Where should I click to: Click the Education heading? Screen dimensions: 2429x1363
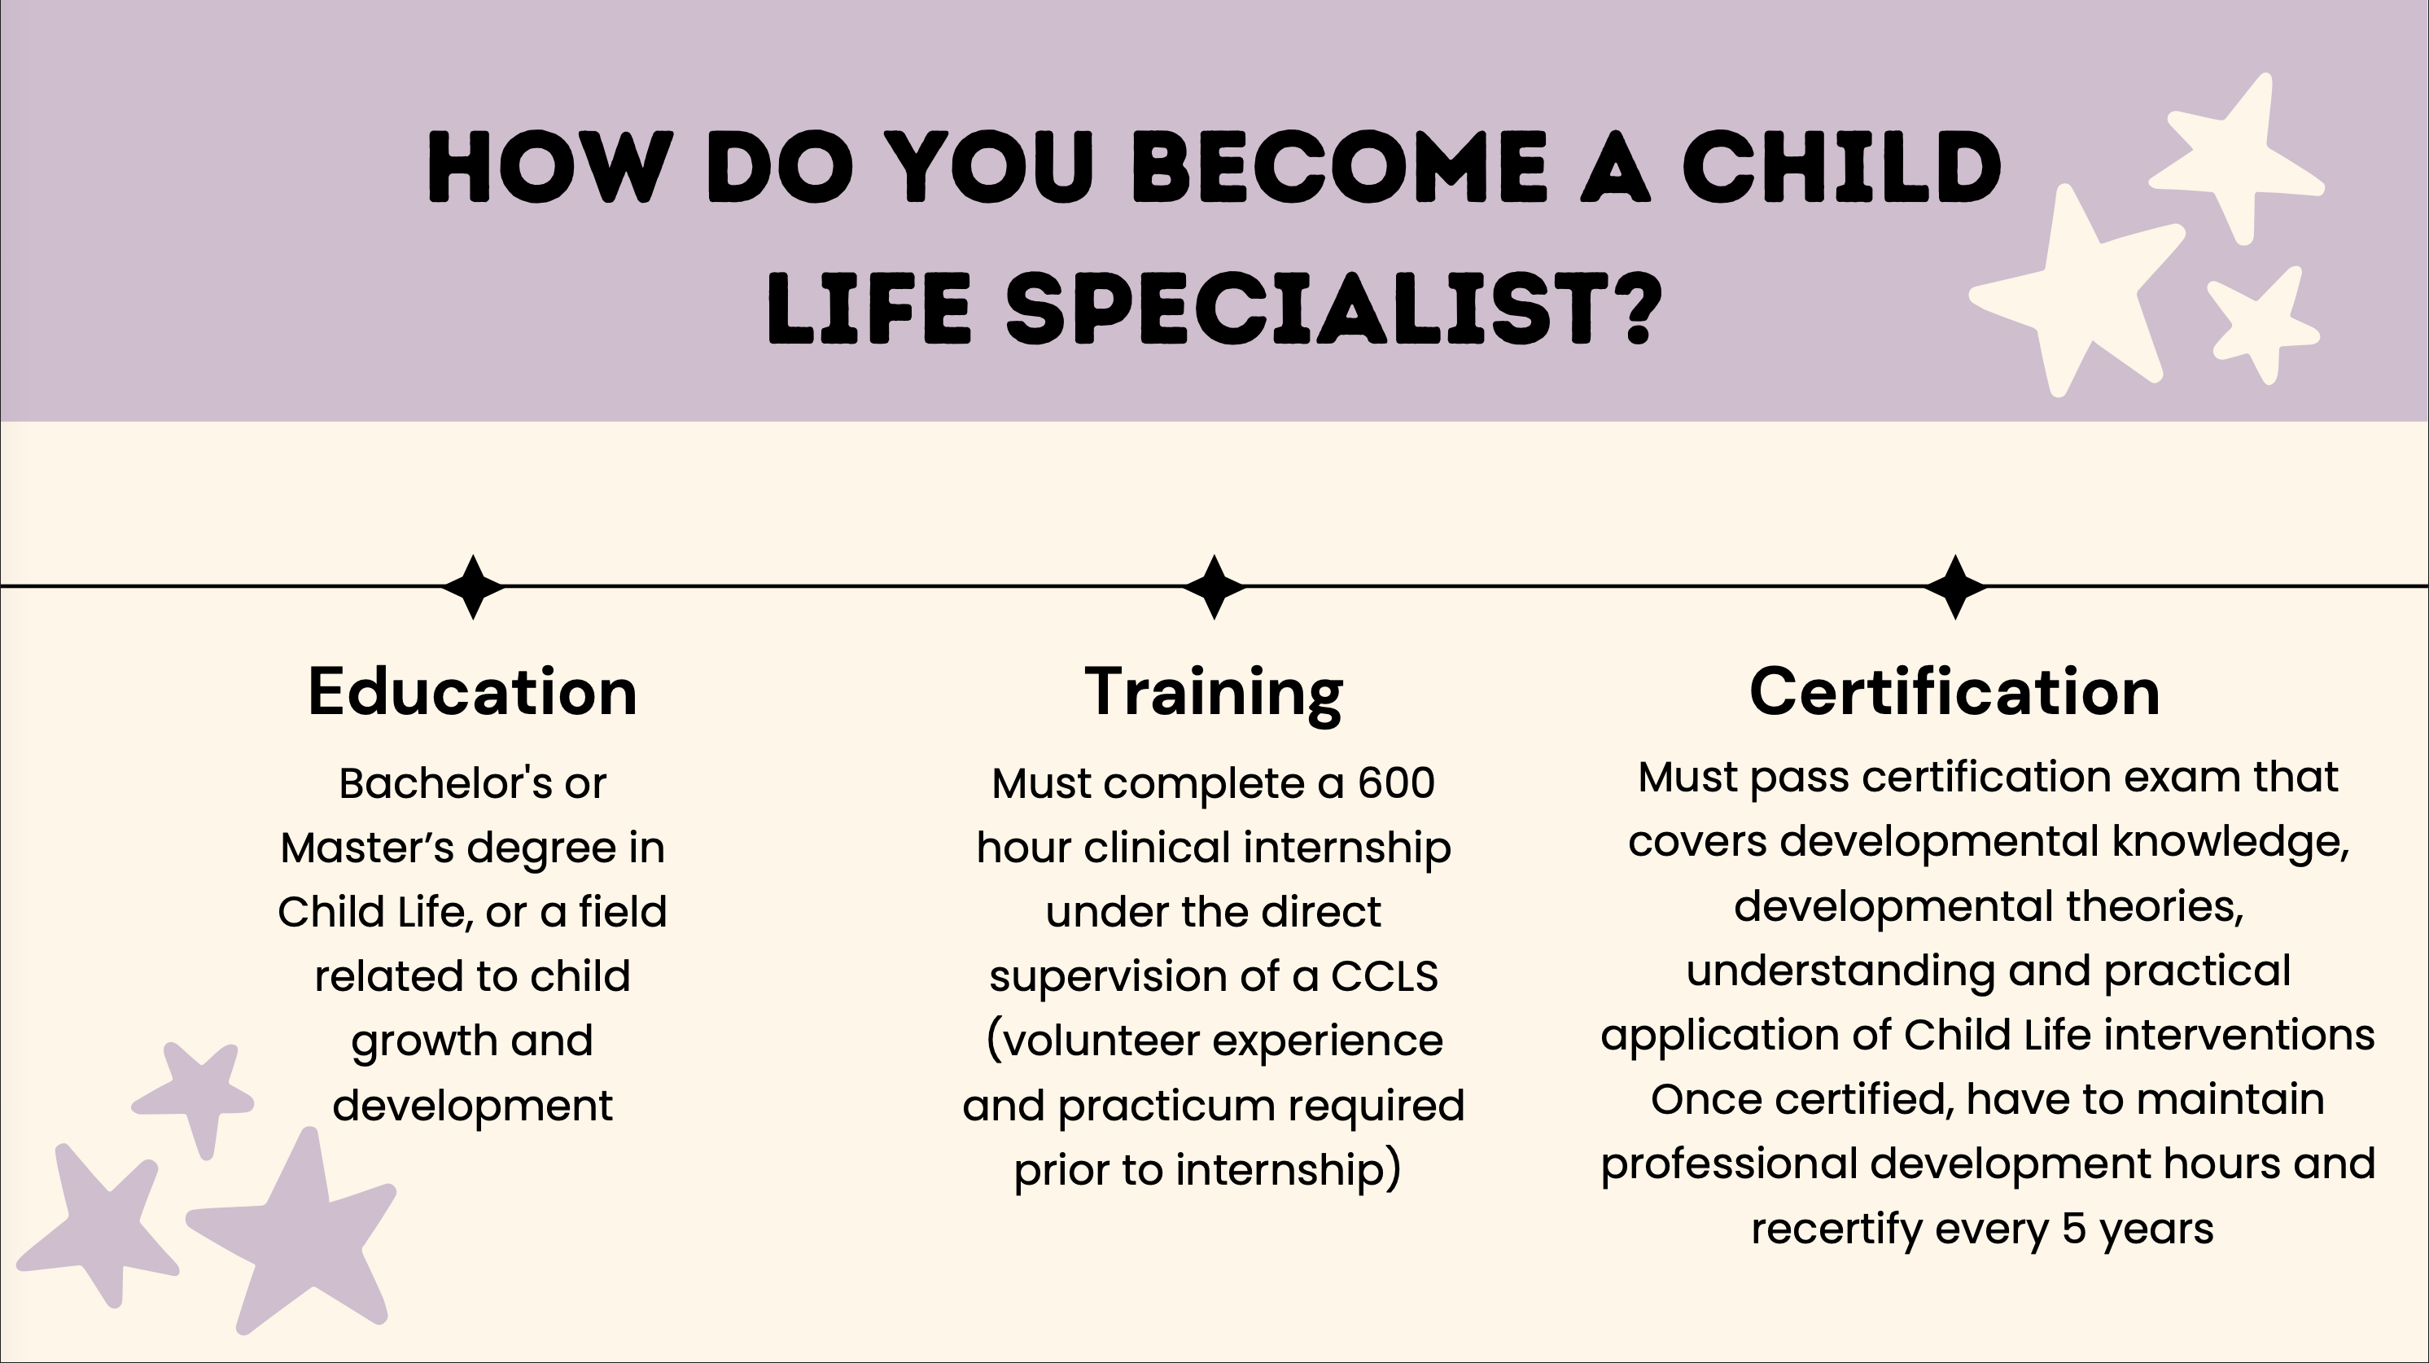click(472, 691)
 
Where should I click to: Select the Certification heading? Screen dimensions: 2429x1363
click(1954, 691)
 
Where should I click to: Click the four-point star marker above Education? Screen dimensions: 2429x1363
click(474, 587)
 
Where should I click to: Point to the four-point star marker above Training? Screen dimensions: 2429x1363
click(1214, 587)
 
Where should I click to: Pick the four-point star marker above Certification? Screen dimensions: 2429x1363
click(1955, 587)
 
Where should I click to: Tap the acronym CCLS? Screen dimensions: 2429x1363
click(1385, 976)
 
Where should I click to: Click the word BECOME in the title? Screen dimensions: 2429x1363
click(1338, 167)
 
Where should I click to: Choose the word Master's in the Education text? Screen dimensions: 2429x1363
click(367, 847)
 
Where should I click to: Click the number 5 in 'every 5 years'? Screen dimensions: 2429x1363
click(2072, 1228)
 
